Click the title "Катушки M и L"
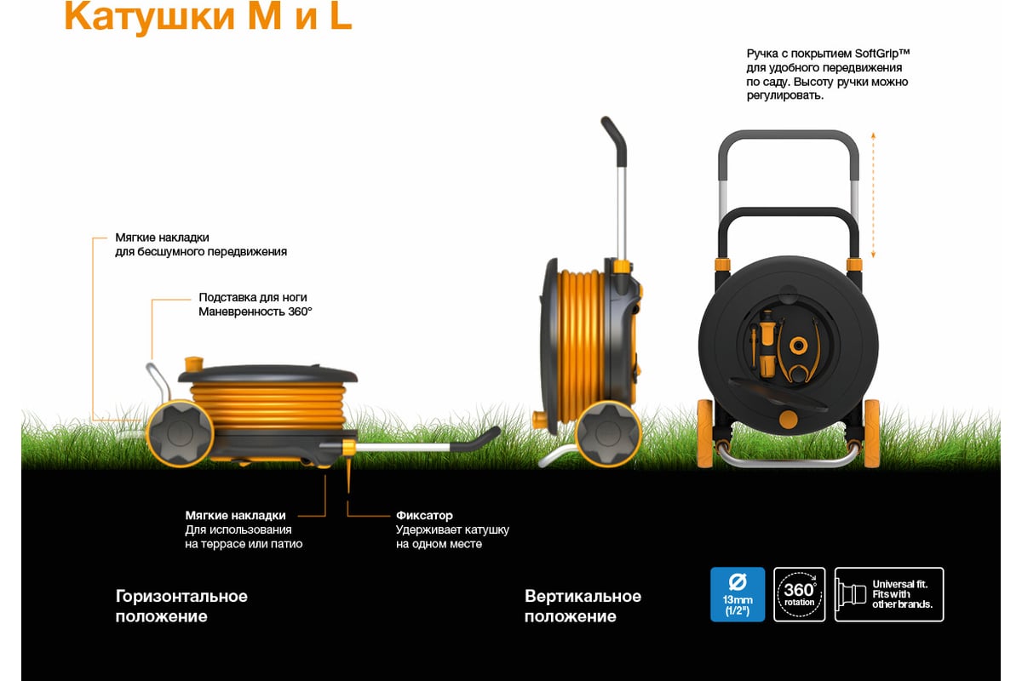(208, 16)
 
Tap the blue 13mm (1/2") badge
(738, 594)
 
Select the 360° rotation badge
(800, 594)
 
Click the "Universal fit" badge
(889, 594)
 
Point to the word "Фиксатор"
(424, 515)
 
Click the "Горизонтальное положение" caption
(181, 606)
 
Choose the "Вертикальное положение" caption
(583, 606)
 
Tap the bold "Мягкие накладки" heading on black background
(235, 515)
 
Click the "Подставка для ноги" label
(253, 297)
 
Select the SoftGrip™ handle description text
(828, 74)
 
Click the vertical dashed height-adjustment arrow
(873, 195)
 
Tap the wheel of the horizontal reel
(180, 433)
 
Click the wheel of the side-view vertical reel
(608, 433)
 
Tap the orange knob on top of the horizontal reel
(194, 364)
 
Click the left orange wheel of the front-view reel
(705, 433)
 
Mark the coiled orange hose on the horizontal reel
(267, 406)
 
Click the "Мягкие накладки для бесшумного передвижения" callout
(201, 244)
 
